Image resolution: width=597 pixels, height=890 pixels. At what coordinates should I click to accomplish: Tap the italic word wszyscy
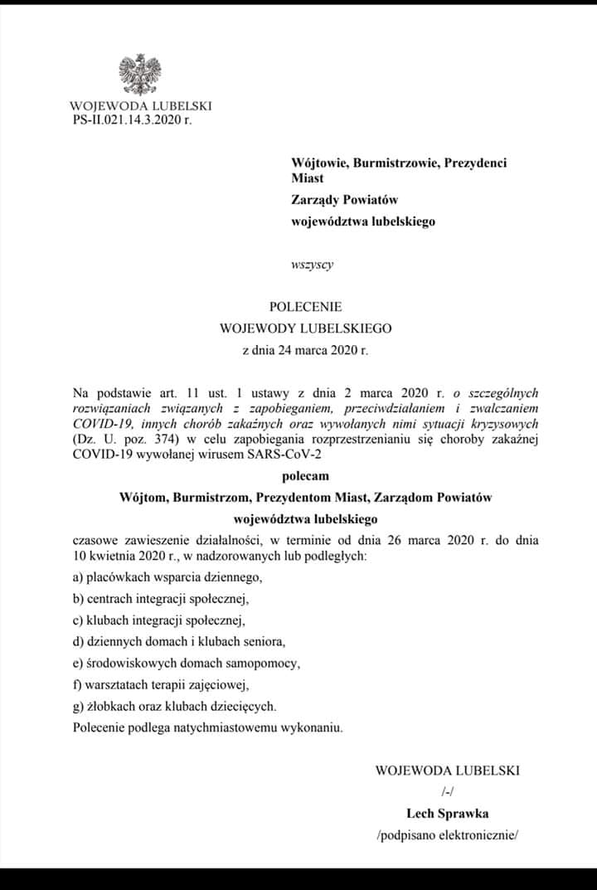[x=312, y=265]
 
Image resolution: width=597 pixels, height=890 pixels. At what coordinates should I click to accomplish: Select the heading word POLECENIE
[x=305, y=306]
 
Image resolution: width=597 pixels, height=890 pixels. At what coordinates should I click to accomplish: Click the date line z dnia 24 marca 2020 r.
[x=305, y=349]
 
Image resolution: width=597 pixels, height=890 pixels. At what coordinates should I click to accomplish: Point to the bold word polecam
[x=305, y=477]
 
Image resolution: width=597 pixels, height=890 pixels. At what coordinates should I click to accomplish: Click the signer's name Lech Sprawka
[x=447, y=814]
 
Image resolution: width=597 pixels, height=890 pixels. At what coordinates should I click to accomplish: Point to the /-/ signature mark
[x=447, y=792]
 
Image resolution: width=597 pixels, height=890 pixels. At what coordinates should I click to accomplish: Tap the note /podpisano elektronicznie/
[x=447, y=835]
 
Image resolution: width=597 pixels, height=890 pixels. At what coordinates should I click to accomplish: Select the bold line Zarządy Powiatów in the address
[x=345, y=200]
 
